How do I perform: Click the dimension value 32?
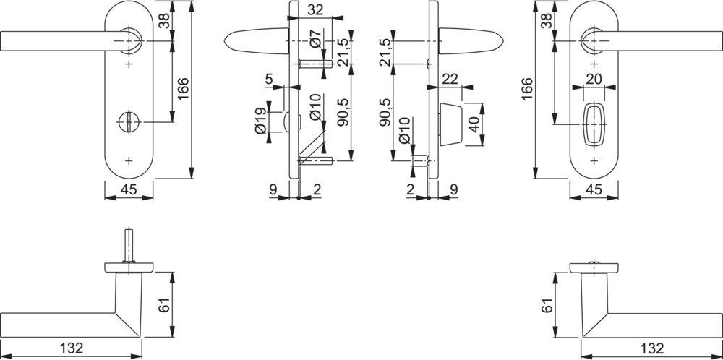click(315, 10)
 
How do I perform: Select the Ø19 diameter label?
click(260, 121)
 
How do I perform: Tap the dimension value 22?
click(450, 79)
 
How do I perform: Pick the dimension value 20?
click(594, 79)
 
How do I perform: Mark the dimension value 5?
click(270, 80)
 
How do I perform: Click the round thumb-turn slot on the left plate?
click(129, 122)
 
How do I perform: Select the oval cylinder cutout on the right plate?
click(594, 124)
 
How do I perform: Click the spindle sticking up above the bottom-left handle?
click(129, 246)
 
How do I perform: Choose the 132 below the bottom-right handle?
click(652, 347)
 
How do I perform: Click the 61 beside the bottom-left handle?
click(165, 304)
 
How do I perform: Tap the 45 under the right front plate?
click(594, 189)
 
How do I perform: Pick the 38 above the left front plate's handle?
click(165, 20)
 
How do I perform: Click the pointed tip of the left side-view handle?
click(225, 41)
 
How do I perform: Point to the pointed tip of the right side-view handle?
click(503, 41)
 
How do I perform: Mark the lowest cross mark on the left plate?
click(129, 161)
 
